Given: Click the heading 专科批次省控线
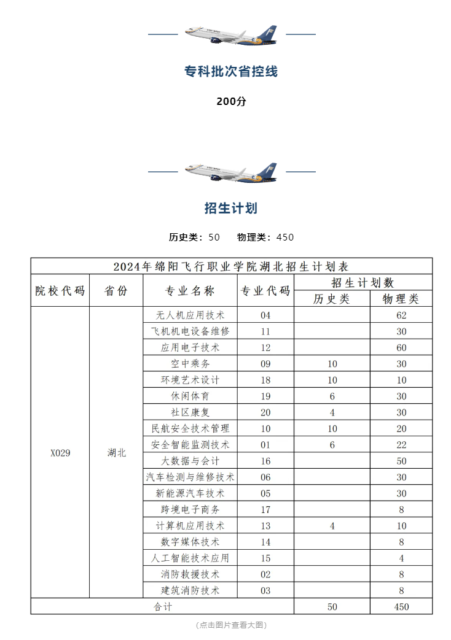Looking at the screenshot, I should coord(231,72).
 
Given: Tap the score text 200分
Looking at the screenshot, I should coord(231,102).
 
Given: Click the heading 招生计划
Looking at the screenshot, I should coord(231,209).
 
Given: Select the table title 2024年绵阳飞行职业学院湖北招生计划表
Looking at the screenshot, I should coord(231,266).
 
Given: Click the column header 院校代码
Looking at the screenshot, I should coord(60,291).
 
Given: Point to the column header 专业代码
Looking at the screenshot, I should coord(265,291).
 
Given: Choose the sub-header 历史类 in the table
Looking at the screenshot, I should coord(331,299).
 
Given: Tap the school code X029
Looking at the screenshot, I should coord(60,453).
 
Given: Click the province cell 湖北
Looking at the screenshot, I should coord(116,453).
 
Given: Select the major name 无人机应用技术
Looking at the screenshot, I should coord(190,315).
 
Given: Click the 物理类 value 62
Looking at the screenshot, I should coord(401,315).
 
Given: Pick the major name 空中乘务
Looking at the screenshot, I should coord(190,364).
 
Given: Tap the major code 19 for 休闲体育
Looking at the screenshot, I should coord(265,396).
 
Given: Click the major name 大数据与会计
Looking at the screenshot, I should coord(190,461).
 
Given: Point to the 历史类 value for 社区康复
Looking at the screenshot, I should coord(332,412).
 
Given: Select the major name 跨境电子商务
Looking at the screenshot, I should coord(190,509).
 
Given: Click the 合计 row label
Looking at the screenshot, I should coord(162,607).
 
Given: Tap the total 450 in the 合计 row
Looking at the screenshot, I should coord(401,607).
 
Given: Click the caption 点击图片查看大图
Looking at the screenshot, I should coord(231,625).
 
